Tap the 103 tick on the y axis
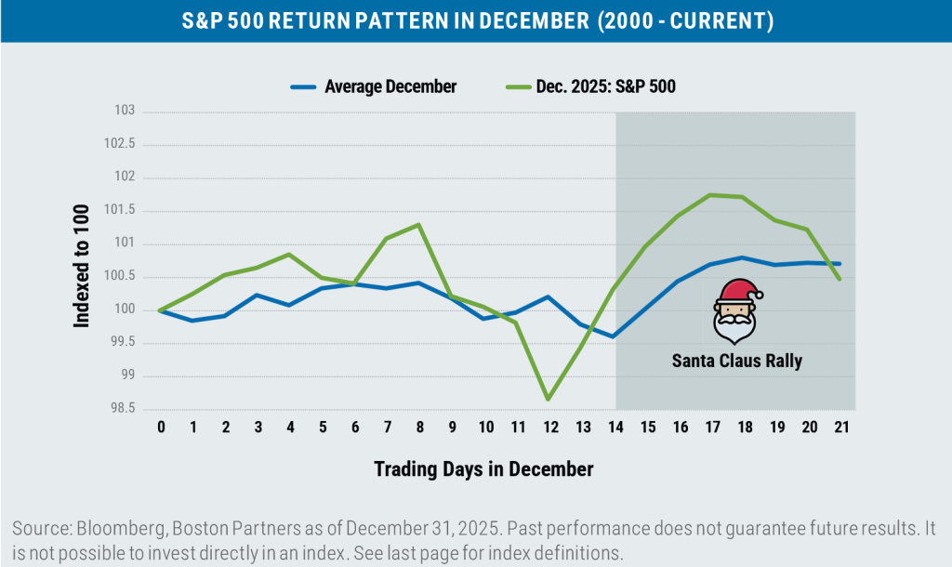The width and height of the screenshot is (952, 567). tap(125, 111)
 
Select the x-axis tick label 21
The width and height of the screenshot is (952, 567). tap(840, 427)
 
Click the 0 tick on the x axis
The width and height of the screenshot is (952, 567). tap(161, 427)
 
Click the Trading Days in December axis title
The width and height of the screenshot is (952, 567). tap(483, 469)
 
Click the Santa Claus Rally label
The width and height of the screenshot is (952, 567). tap(736, 361)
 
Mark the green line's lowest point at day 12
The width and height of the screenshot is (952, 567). tap(549, 400)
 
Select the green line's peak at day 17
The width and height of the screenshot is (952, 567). tap(710, 194)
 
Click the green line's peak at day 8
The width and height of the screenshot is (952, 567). tap(419, 224)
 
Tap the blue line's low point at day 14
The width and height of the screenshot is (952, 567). tap(614, 336)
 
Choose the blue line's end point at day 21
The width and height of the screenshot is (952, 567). tap(840, 263)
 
